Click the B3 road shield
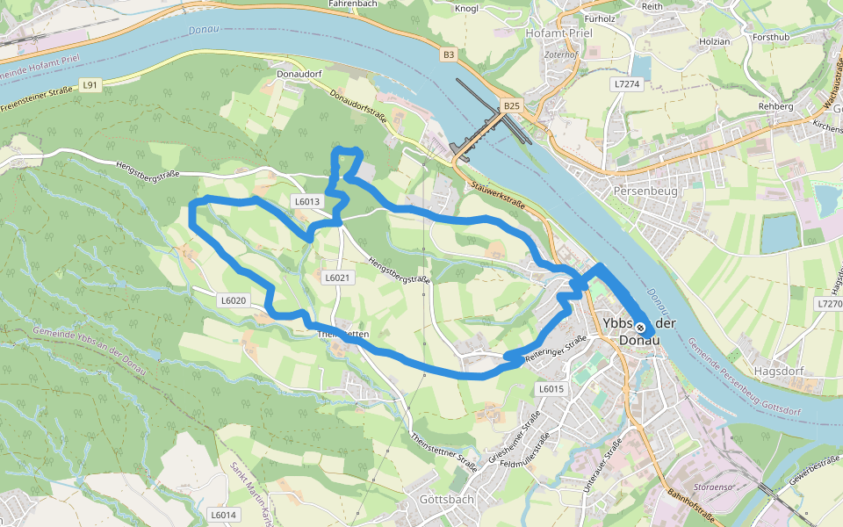[x=449, y=54]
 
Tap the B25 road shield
[x=513, y=106]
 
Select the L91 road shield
[x=90, y=84]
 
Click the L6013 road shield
[x=306, y=201]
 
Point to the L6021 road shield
[x=337, y=278]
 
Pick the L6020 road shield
[x=234, y=300]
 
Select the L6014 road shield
[x=224, y=515]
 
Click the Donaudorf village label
[x=301, y=75]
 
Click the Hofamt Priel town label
[x=558, y=32]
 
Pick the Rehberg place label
[x=775, y=106]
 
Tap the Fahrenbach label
[x=352, y=4]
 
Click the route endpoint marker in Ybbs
[x=640, y=327]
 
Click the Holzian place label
[x=713, y=41]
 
